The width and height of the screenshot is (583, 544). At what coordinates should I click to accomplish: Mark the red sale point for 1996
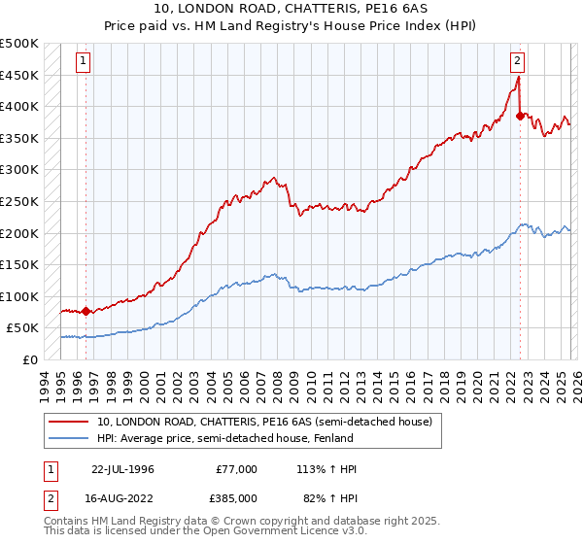[86, 312]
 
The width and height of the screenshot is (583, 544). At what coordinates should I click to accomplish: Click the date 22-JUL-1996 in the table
[122, 469]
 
